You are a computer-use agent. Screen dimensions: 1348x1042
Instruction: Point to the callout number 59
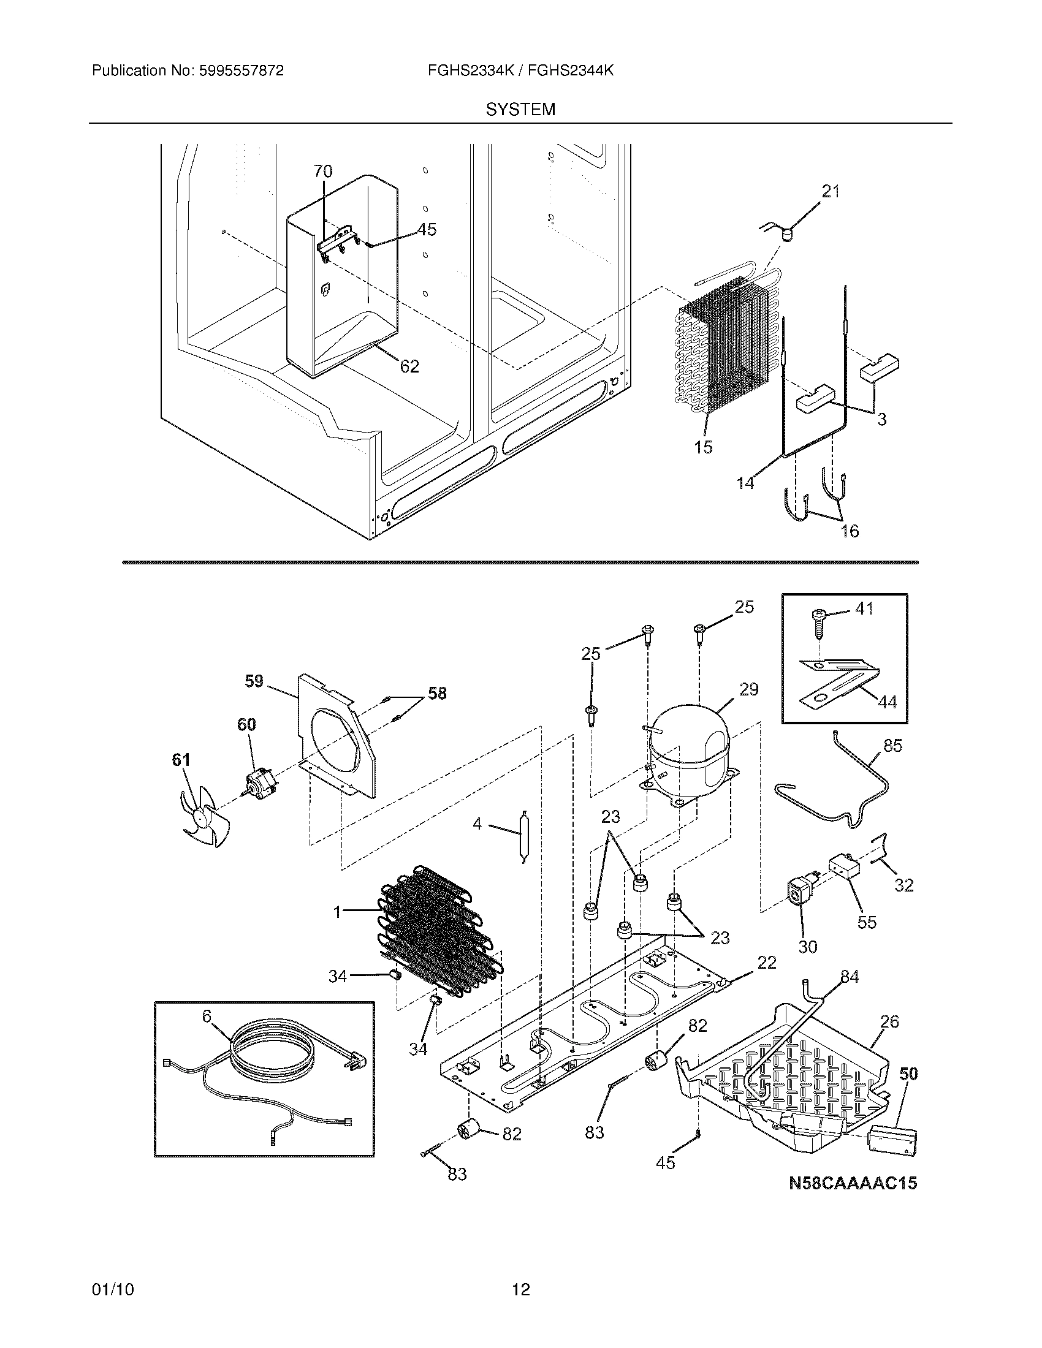[x=254, y=681]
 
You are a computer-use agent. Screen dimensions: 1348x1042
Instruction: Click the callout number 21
[x=831, y=192]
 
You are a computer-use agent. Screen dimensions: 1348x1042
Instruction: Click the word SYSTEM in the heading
[x=520, y=110]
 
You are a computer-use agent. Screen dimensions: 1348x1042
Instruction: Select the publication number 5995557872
[x=241, y=71]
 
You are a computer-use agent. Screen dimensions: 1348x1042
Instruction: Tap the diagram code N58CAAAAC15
[x=853, y=1183]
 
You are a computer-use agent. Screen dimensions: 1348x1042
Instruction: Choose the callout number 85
[x=892, y=746]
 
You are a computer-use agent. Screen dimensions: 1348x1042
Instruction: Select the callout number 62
[x=409, y=366]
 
